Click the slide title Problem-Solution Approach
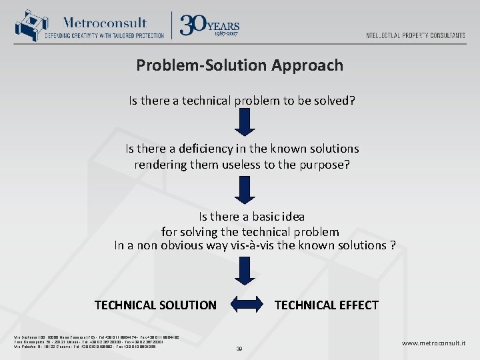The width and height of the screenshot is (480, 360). [x=240, y=65]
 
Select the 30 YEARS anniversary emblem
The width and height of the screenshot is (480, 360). [x=209, y=25]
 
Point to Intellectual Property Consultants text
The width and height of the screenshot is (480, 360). [x=415, y=35]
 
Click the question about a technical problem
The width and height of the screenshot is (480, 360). [x=241, y=101]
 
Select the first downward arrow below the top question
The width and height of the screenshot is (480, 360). [x=245, y=122]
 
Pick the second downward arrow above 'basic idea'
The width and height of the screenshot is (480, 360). [x=245, y=189]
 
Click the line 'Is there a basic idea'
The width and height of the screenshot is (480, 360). [x=251, y=217]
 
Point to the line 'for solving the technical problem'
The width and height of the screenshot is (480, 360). [x=250, y=232]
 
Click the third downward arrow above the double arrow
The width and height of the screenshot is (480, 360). [x=245, y=270]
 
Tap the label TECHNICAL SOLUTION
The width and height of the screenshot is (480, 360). [x=155, y=305]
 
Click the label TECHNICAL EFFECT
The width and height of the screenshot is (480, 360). [x=326, y=305]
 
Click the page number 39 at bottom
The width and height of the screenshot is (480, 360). [x=240, y=349]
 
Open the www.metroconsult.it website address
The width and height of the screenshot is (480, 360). [x=433, y=343]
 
